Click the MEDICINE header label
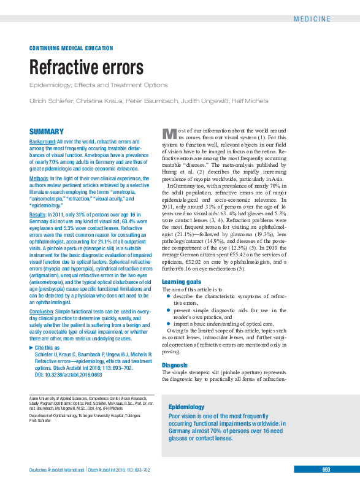click(x=330, y=19)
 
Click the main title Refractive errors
click(x=86, y=67)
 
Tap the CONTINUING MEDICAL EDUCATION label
click(x=71, y=48)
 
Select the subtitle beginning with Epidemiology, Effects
click(x=98, y=85)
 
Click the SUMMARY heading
click(x=47, y=131)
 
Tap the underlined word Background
click(x=42, y=142)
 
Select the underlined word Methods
click(x=39, y=178)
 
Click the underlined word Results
click(x=38, y=215)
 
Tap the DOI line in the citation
click(x=64, y=374)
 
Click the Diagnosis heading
click(x=174, y=365)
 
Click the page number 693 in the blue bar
click(x=326, y=470)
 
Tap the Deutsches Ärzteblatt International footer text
click(x=57, y=470)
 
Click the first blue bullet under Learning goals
click(x=168, y=296)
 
